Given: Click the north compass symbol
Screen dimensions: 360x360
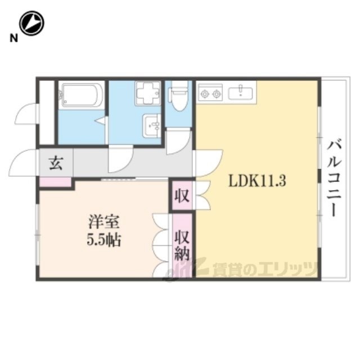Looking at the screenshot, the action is click(31, 23).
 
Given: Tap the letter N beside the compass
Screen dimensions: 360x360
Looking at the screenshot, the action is click(13, 38).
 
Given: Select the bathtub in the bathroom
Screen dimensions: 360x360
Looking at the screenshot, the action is click(81, 95).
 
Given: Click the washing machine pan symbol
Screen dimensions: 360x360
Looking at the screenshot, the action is click(147, 93).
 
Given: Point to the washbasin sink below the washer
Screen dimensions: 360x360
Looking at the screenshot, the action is click(152, 126).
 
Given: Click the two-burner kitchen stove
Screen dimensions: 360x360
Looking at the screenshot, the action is click(210, 92).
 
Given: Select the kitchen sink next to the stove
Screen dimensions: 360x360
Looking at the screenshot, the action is click(240, 92).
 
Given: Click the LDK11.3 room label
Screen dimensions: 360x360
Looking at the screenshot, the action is click(257, 181).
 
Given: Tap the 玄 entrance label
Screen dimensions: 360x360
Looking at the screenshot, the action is click(56, 163).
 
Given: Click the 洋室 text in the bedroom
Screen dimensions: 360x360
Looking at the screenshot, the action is click(103, 221).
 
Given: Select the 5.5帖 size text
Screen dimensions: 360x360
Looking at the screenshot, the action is click(103, 240).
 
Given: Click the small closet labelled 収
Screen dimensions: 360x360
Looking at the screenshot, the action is click(182, 196).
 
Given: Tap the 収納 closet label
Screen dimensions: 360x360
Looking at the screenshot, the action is click(182, 245).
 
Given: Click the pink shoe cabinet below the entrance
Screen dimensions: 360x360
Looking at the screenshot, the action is click(55, 182).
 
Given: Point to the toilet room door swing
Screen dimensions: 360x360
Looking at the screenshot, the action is click(178, 142).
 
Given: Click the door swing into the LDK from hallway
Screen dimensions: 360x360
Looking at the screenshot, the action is click(208, 163).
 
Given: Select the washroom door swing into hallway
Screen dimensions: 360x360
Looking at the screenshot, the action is click(120, 159).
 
